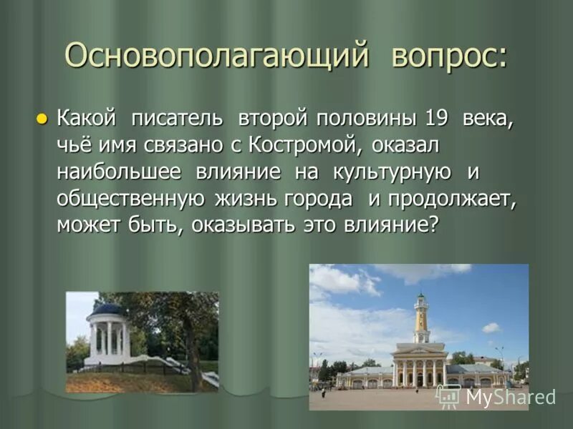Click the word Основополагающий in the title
[x=216, y=55]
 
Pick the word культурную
[x=391, y=172]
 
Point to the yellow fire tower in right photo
[x=421, y=322]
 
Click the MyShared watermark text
[x=510, y=398]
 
